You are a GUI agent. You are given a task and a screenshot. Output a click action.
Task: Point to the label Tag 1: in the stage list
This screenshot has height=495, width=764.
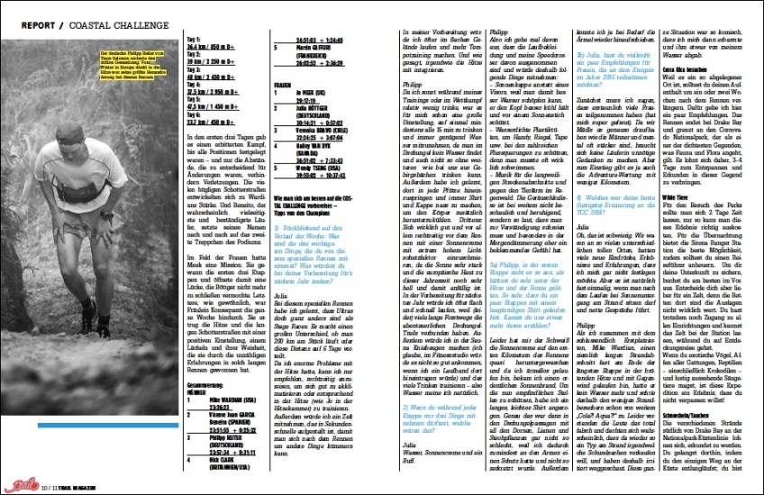tap(192, 41)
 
